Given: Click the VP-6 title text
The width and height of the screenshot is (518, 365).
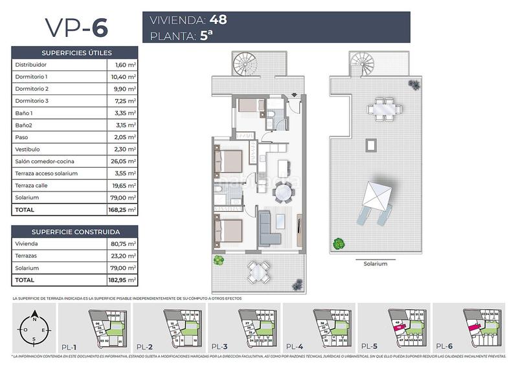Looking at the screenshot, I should [76, 27].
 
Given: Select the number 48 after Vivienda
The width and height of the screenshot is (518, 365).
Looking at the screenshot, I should [214, 19].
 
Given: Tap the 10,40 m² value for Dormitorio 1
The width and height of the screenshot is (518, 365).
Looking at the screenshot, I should [122, 76].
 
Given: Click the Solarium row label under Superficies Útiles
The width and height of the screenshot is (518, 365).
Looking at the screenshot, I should [27, 197].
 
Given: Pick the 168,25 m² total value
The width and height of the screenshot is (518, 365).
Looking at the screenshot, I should [122, 210].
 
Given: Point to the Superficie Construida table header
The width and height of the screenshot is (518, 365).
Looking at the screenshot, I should [76, 231].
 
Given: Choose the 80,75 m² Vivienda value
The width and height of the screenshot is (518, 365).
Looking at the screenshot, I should [122, 243].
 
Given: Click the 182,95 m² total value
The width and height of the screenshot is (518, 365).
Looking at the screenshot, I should [122, 280].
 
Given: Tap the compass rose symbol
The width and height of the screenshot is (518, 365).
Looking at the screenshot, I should [34, 329].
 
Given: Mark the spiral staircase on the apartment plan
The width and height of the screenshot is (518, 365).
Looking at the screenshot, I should [245, 64].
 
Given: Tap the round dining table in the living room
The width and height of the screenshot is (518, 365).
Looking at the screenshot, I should [283, 192].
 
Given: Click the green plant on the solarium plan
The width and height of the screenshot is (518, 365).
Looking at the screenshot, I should [338, 244].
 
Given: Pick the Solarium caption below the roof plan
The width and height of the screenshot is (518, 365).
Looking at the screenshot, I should [375, 264].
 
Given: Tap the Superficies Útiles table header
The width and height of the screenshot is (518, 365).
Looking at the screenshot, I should [76, 52].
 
